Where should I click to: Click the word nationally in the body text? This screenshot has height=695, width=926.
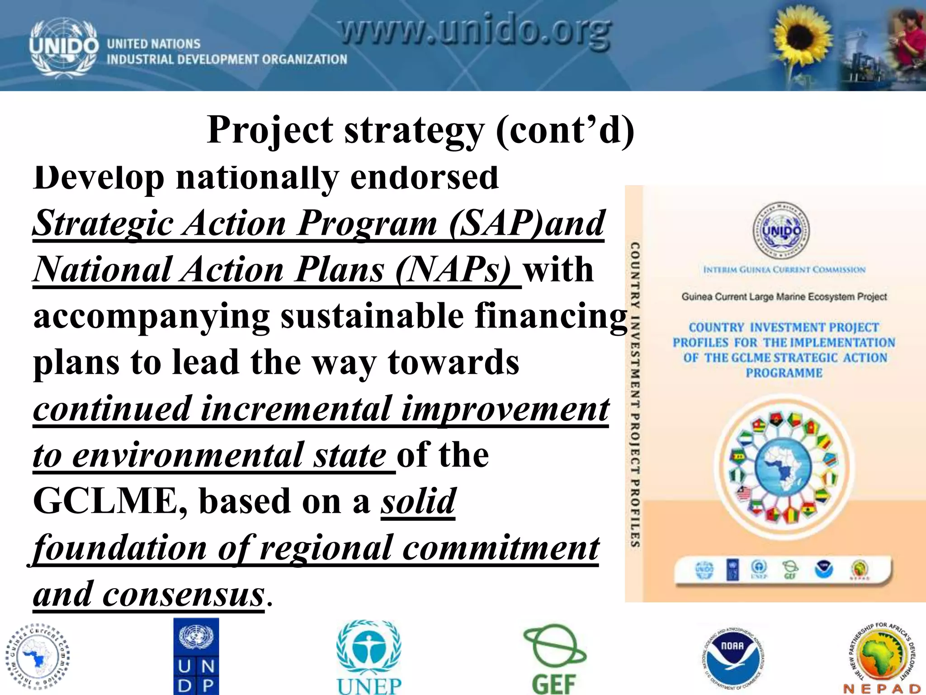[x=257, y=177]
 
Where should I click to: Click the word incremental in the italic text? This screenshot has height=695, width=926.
[x=296, y=409]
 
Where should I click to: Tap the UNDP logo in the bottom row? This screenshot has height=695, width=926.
[x=196, y=656]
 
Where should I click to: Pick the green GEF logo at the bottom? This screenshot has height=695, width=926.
[x=554, y=658]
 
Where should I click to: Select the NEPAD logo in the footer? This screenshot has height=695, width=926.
[x=882, y=658]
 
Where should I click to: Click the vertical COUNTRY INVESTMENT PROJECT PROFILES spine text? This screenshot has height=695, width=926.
[x=635, y=394]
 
